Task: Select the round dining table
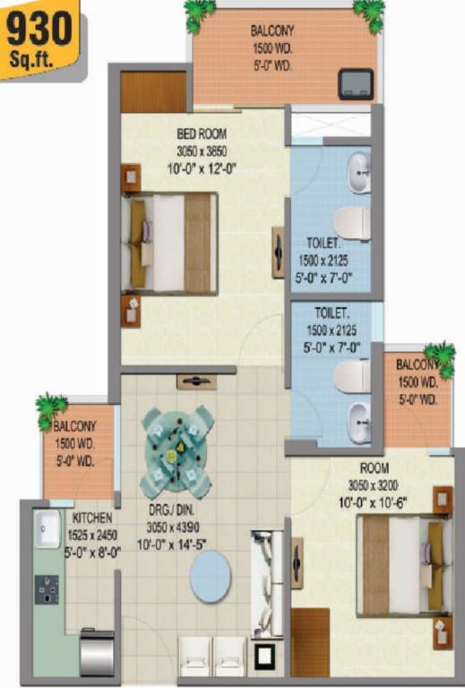177,452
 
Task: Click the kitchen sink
47,529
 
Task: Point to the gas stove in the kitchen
47,589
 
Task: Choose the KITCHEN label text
92,518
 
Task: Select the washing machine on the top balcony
356,84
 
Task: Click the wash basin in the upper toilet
359,172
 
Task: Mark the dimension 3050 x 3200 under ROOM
374,486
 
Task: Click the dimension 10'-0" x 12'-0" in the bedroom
202,168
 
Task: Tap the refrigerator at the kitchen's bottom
97,653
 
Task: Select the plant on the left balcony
50,410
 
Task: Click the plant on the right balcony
440,359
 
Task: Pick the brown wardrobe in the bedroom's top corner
153,91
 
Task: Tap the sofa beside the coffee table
267,583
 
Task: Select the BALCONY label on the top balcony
272,30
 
